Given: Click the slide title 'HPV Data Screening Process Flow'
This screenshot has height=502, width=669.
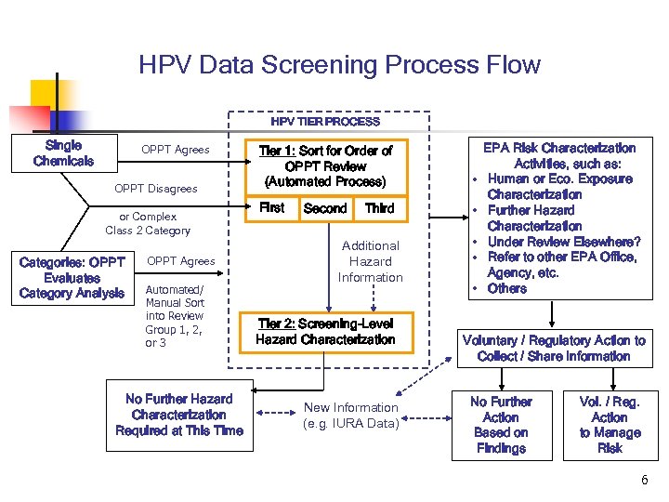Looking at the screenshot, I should (x=339, y=65).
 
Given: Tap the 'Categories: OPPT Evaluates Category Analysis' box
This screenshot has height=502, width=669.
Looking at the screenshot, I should (x=72, y=277).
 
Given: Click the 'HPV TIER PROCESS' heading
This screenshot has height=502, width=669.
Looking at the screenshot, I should (x=325, y=121).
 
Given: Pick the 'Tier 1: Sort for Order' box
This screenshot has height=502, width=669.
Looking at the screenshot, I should (x=325, y=165).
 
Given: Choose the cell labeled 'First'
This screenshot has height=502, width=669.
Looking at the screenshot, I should (x=271, y=208).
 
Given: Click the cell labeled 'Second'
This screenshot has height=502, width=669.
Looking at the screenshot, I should (x=325, y=209).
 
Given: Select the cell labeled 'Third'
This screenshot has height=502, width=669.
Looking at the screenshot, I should (x=379, y=209).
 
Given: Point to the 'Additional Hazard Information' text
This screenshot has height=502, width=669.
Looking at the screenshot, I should (x=370, y=261).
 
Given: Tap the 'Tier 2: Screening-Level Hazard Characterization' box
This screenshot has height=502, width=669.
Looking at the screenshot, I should (x=325, y=332).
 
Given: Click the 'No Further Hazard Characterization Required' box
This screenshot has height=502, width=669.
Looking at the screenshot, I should (x=179, y=415).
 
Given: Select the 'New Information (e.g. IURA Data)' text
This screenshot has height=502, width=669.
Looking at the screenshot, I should (x=351, y=416).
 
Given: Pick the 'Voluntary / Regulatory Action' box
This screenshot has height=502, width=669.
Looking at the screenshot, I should (x=554, y=349).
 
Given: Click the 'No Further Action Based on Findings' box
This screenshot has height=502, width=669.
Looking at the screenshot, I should (x=501, y=425).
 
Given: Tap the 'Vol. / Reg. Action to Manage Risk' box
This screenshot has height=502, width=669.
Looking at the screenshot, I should (x=610, y=425).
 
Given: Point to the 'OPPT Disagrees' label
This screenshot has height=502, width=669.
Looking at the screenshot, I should (x=156, y=189).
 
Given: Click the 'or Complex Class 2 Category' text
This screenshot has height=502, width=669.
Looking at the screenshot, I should (x=148, y=224).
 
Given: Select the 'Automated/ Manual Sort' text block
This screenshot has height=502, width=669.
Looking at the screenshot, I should (x=175, y=316).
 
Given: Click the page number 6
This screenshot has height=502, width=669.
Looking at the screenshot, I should (x=644, y=480).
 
